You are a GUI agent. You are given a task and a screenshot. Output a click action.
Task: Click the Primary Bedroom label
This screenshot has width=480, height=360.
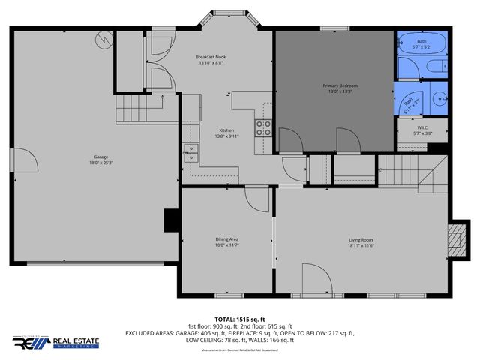340,85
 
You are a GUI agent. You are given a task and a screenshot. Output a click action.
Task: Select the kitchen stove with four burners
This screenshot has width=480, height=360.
264,128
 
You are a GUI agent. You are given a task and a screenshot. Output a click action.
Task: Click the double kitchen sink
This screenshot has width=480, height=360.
191,154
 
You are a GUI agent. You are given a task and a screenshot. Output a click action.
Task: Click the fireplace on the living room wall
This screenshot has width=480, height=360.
454,239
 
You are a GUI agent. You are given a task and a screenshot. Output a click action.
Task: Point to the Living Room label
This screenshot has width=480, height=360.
361,240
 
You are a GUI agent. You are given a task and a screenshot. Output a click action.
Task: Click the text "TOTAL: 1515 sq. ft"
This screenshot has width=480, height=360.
240,319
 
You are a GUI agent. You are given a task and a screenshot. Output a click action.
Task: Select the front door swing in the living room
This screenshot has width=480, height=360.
315,277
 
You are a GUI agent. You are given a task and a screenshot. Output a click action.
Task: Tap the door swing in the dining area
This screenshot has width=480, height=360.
256,199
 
